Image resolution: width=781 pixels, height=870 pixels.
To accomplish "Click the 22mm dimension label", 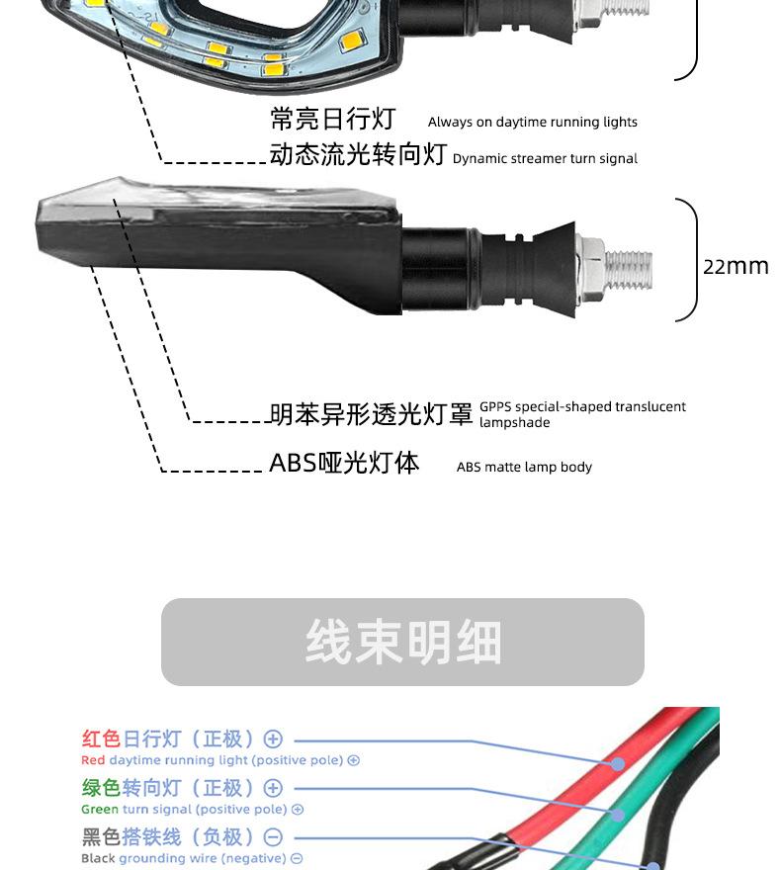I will pos(736,266).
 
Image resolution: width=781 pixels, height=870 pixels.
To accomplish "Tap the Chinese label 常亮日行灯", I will pos(332,120).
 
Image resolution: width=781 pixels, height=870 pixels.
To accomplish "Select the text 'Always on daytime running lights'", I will pos(532,123).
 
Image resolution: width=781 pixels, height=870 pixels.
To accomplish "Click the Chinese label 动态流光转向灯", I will pos(358,154).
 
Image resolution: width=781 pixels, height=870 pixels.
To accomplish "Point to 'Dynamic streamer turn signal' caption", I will pos(545,158).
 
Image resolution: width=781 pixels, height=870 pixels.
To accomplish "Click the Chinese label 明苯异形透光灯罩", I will pos(371,414).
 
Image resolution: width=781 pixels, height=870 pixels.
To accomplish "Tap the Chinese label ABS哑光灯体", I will pos(344,463).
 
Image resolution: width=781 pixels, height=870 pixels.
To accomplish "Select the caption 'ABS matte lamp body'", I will pos(524,467).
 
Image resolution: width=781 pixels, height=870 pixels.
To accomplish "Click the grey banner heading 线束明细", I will pos(402,643).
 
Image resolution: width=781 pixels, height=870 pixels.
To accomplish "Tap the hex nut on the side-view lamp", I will pos(590,263).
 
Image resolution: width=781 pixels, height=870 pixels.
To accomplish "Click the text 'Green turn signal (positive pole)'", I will pos(184,809).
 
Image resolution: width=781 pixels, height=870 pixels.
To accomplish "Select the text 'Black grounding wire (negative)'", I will pos(183,858).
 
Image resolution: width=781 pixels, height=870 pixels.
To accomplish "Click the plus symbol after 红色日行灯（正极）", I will pos(274,739).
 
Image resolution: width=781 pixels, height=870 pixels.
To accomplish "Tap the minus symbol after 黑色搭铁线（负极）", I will pos(274,837).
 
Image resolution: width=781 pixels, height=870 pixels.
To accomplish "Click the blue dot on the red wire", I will pos(619,764).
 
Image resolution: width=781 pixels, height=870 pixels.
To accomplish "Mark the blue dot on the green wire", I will pos(619,815).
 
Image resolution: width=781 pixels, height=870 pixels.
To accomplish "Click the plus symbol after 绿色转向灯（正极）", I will pos(274,788).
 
